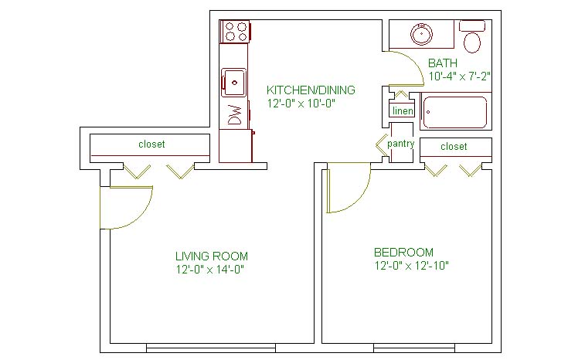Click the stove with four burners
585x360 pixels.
(235, 32)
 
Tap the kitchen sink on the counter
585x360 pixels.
(234, 83)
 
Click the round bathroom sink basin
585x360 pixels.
(422, 34)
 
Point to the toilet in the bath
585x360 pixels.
(472, 36)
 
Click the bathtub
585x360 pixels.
(454, 112)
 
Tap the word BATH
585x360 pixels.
(443, 63)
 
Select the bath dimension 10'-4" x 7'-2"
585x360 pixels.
(459, 76)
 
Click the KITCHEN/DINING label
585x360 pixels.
(311, 90)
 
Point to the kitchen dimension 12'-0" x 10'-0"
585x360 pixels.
(301, 104)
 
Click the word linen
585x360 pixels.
(403, 110)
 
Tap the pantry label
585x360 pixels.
(401, 144)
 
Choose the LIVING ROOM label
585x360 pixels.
(212, 256)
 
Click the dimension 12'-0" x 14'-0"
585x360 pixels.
(210, 270)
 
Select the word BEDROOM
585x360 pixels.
(403, 253)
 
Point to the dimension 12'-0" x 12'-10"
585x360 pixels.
(412, 266)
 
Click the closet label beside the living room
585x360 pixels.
(151, 144)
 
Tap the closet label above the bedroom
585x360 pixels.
(454, 146)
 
